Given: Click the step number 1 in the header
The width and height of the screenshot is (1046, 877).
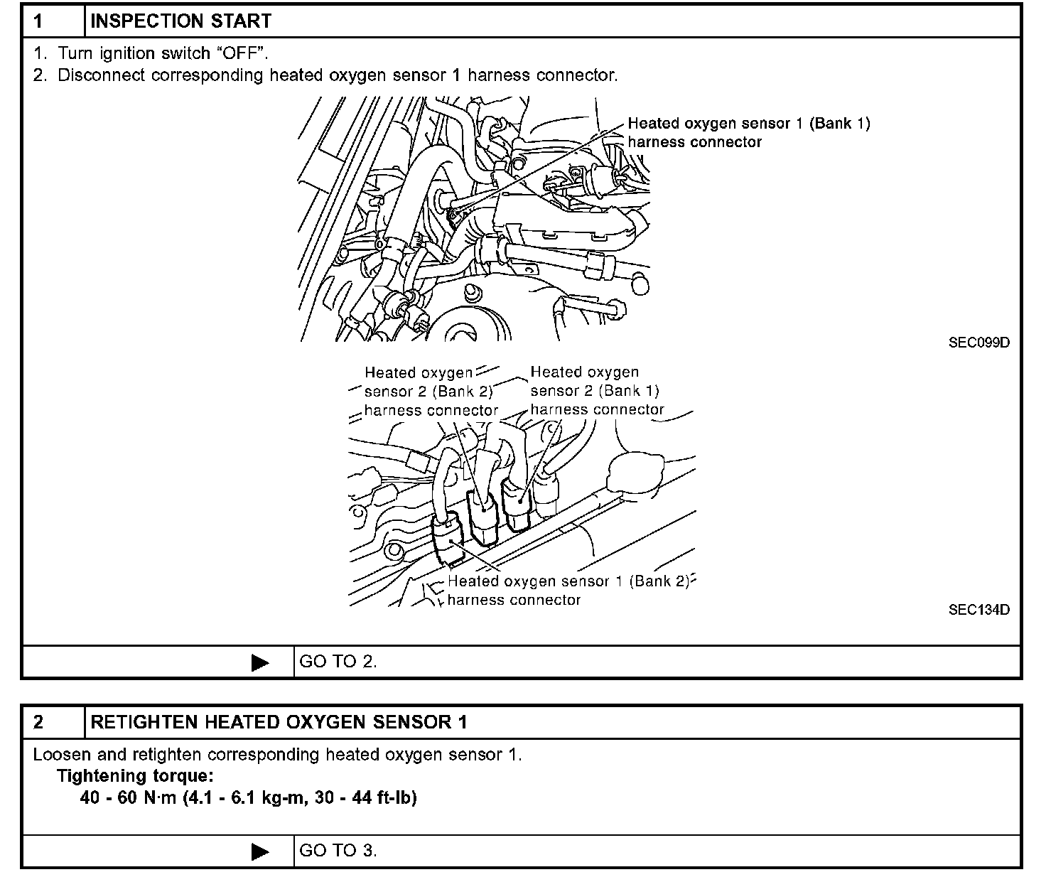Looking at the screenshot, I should click(x=38, y=21).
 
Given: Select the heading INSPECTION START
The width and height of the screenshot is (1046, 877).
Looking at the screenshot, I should click(x=181, y=21).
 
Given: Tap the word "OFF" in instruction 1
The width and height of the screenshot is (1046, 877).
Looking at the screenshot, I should click(x=240, y=53).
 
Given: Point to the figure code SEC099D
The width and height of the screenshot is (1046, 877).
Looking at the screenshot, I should click(x=978, y=343).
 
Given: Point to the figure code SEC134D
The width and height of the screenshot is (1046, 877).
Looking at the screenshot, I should click(x=978, y=610).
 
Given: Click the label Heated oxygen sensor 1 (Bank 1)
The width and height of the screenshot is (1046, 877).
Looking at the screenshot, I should click(x=748, y=124).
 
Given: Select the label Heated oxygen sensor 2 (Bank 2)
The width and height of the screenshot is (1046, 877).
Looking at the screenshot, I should click(x=428, y=391).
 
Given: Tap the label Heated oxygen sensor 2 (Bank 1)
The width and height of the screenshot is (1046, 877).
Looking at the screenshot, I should click(x=594, y=391).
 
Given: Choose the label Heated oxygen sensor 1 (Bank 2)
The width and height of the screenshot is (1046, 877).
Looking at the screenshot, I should click(x=568, y=581).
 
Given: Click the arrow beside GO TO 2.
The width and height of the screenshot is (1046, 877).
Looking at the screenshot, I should click(x=261, y=663).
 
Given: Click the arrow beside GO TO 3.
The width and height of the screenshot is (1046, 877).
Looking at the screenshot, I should click(x=261, y=851).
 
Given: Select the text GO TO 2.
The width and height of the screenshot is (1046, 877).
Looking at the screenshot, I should click(x=338, y=662).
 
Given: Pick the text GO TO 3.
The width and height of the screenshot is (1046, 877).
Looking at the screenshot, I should click(x=338, y=851).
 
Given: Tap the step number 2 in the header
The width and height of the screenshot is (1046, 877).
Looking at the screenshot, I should click(x=38, y=723).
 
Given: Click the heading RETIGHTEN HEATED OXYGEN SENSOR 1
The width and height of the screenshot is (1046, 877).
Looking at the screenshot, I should click(x=279, y=723).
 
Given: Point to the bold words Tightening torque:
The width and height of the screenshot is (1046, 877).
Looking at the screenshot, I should click(x=135, y=776).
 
